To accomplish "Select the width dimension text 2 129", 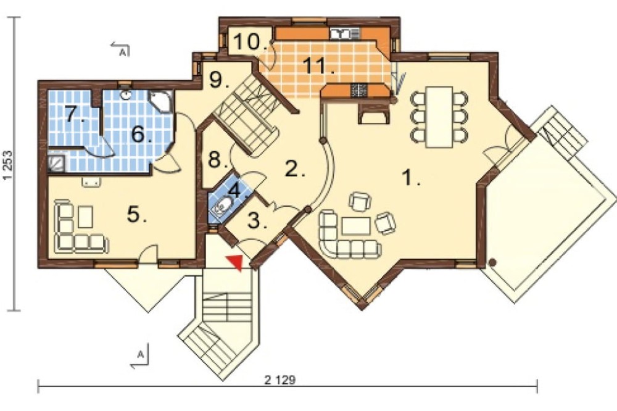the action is (x=280, y=380).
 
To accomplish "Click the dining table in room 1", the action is (x=439, y=117).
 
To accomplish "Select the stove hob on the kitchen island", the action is (x=358, y=90).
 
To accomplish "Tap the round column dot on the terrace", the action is (x=492, y=262).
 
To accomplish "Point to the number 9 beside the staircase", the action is (x=217, y=81).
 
